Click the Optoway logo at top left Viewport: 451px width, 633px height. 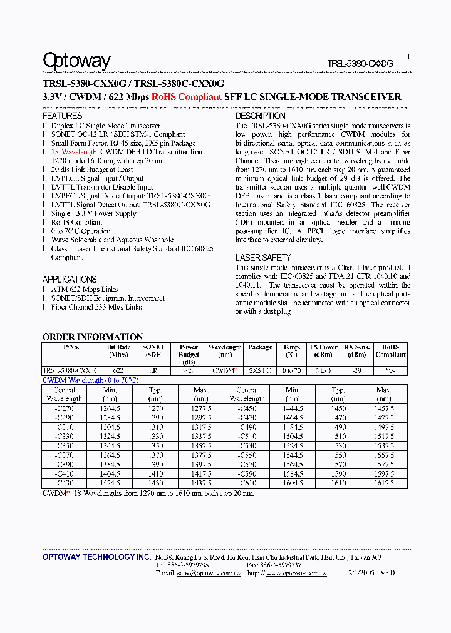click(x=76, y=61)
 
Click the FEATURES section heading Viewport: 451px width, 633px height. click(x=62, y=116)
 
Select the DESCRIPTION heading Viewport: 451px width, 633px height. click(x=260, y=116)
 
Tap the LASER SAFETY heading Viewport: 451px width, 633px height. click(x=263, y=258)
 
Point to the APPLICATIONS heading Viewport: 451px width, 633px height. click(x=70, y=280)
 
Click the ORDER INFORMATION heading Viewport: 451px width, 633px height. click(x=93, y=337)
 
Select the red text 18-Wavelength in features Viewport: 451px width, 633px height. click(x=75, y=152)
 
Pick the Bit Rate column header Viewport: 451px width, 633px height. click(x=119, y=350)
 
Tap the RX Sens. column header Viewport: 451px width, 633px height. click(x=356, y=350)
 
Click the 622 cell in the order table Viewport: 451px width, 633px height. click(x=119, y=370)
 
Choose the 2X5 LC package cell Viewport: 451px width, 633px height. click(x=260, y=370)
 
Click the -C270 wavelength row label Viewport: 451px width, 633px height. click(x=65, y=408)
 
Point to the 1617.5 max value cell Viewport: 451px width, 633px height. click(x=383, y=483)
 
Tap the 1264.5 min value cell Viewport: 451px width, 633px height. click(x=110, y=408)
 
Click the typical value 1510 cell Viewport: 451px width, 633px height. click(x=338, y=436)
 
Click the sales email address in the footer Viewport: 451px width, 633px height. click(x=200, y=572)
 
